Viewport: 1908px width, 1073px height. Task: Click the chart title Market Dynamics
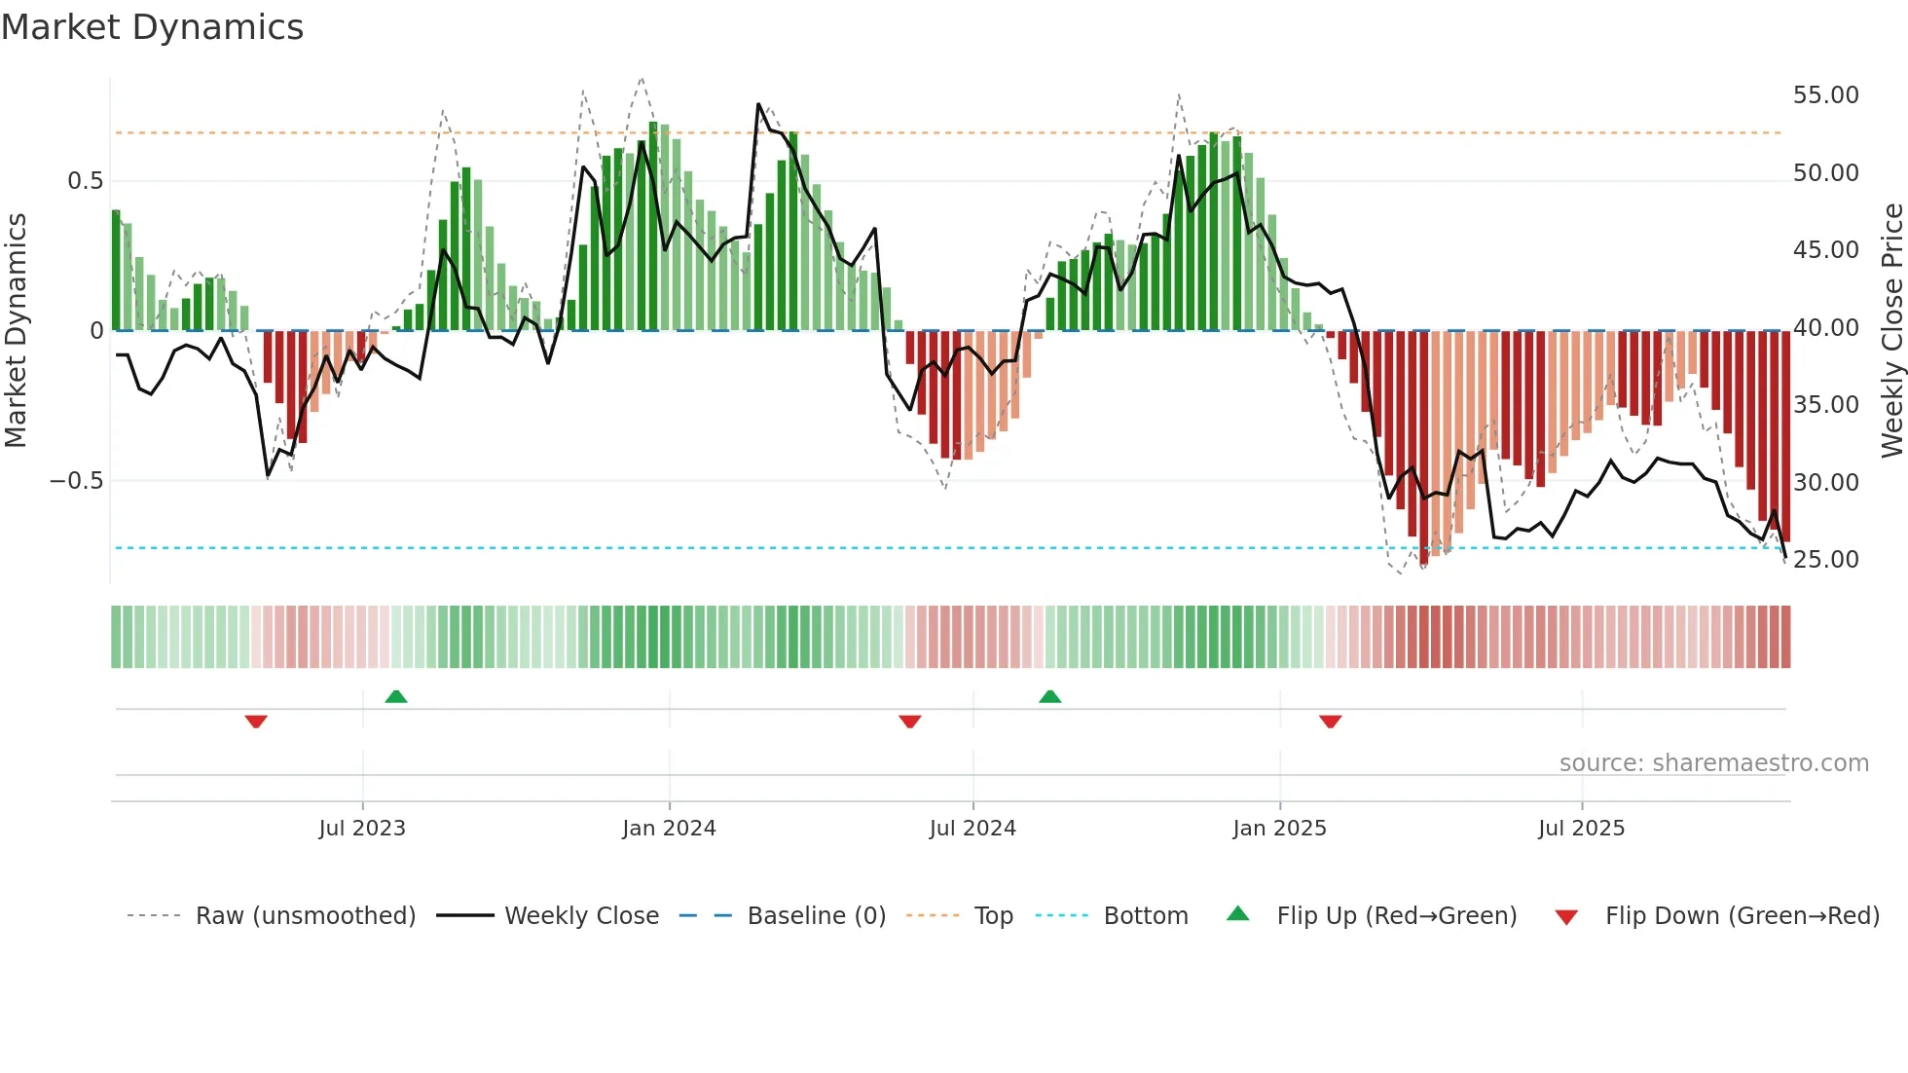(x=152, y=27)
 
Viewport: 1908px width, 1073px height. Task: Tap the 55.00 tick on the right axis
(x=1825, y=95)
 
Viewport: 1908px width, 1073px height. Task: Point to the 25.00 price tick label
(x=1825, y=560)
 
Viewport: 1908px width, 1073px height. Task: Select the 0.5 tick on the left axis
(x=85, y=181)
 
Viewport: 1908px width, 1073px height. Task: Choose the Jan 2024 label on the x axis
(x=669, y=829)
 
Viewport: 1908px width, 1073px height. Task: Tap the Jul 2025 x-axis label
(x=1581, y=829)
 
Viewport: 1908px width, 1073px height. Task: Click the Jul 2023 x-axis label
(x=362, y=829)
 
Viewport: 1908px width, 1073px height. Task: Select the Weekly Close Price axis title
(x=1891, y=331)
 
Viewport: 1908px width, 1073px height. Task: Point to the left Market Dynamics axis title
(x=16, y=331)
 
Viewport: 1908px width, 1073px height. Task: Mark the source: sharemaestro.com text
(x=1713, y=763)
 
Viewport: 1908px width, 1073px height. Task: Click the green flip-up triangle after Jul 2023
(x=396, y=697)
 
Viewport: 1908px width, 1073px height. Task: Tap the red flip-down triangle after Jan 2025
(x=1330, y=721)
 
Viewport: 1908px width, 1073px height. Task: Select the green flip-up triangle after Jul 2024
(x=1049, y=697)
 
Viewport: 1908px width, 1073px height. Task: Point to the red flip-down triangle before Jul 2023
(x=256, y=721)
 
